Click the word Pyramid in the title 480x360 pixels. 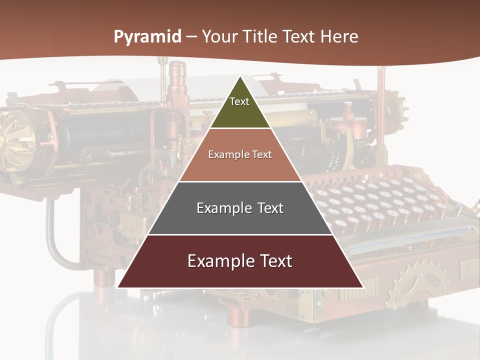pyautogui.click(x=147, y=37)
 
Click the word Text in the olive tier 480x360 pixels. pyautogui.click(x=239, y=101)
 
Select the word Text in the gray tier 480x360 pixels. pyautogui.click(x=269, y=208)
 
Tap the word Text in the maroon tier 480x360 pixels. pyautogui.click(x=275, y=261)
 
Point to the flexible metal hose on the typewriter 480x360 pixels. pyautogui.click(x=52, y=235)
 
